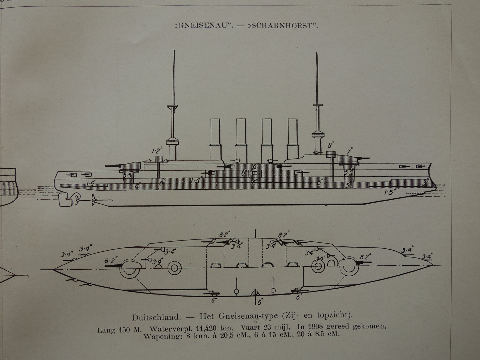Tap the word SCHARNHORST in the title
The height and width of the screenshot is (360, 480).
(284, 26)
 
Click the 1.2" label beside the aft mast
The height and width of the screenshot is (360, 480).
(156, 150)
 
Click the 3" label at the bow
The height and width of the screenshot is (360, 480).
(425, 182)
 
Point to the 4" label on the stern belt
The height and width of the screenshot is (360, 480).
(137, 186)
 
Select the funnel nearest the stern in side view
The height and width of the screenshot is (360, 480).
(216, 138)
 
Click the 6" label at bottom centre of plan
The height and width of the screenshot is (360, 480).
(260, 302)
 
